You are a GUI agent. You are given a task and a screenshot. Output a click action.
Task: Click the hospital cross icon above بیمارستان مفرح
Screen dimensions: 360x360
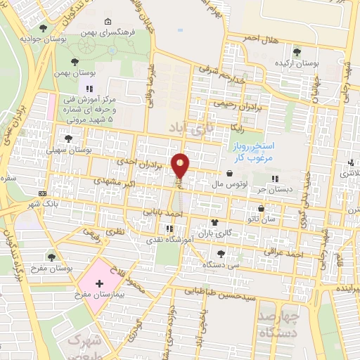99,284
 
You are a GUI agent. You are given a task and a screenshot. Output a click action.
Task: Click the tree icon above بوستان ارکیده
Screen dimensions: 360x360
296,51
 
